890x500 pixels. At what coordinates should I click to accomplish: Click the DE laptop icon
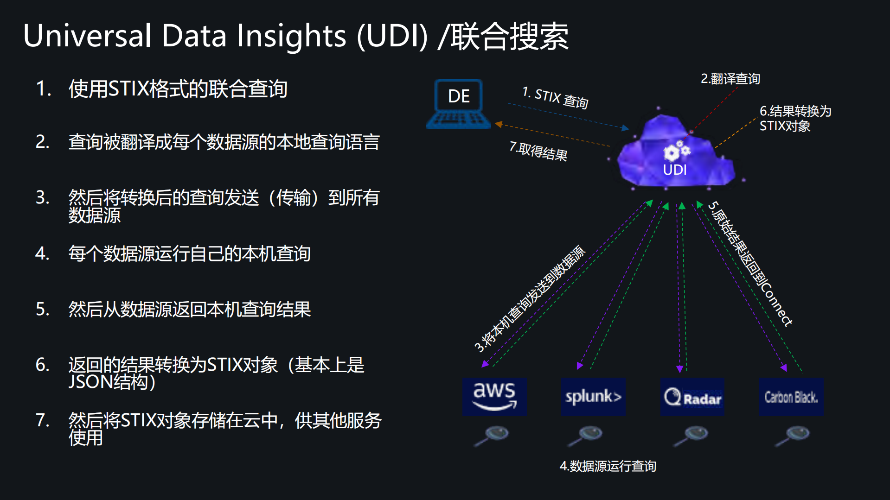point(458,103)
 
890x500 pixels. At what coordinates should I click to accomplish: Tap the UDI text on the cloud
point(675,170)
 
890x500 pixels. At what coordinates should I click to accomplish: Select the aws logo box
point(494,396)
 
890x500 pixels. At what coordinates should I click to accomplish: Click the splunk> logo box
point(593,396)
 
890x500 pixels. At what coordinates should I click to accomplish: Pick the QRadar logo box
point(692,397)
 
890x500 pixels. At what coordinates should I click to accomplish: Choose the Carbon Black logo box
point(791,397)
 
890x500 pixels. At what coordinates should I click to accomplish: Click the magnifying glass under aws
point(492,435)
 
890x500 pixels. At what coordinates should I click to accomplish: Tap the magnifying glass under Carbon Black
point(793,435)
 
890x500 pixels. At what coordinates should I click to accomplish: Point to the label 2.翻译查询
point(730,79)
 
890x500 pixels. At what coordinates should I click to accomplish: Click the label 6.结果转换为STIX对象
point(795,118)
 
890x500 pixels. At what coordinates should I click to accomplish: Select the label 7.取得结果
point(538,151)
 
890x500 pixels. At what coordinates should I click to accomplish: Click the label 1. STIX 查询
point(555,97)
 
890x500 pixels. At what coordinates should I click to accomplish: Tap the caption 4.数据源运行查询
point(608,466)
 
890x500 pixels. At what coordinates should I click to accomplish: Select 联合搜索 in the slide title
point(510,36)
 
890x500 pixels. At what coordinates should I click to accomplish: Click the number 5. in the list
point(43,309)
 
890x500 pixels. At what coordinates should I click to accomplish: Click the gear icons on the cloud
point(677,151)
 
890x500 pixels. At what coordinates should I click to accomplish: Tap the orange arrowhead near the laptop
point(499,124)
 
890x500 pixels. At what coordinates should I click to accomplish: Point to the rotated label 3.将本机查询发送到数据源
point(530,299)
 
